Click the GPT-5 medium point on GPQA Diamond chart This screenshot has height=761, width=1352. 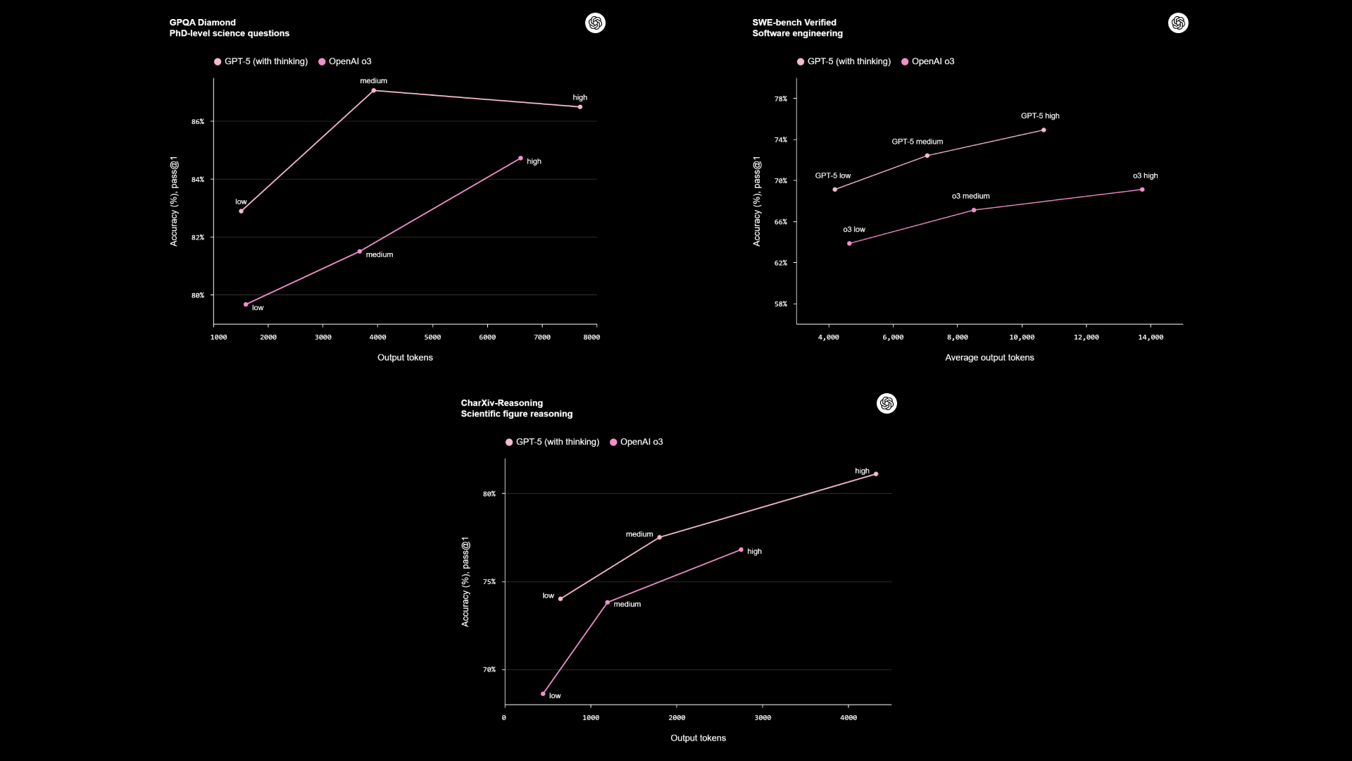(x=374, y=90)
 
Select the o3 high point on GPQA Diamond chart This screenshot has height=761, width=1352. (x=520, y=159)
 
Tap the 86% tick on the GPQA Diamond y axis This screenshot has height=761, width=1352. (x=198, y=122)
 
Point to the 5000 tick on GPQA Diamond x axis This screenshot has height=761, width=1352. (x=432, y=338)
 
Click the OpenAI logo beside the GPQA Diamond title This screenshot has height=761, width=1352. (x=595, y=23)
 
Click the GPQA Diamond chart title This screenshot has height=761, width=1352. (x=203, y=23)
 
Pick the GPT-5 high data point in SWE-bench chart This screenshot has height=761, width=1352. (x=1044, y=130)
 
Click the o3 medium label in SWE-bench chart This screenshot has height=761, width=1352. (x=970, y=196)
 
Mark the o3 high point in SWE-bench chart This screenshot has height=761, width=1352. (x=1142, y=190)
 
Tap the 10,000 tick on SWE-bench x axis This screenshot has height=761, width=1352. (x=1022, y=338)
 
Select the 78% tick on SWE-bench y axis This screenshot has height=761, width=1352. (x=781, y=99)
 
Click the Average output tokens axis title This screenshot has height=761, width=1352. (x=989, y=358)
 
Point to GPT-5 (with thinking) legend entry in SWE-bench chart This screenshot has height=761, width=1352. (x=844, y=61)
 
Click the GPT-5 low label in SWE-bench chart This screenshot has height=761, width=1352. (x=833, y=175)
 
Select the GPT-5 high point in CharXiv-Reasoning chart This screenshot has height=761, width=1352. (x=876, y=474)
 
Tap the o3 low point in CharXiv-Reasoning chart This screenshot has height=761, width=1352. (x=543, y=694)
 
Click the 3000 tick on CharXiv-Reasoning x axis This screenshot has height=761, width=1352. (x=763, y=718)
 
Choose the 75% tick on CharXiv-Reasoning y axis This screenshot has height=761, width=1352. (x=489, y=582)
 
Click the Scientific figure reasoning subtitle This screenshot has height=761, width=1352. (x=517, y=414)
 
